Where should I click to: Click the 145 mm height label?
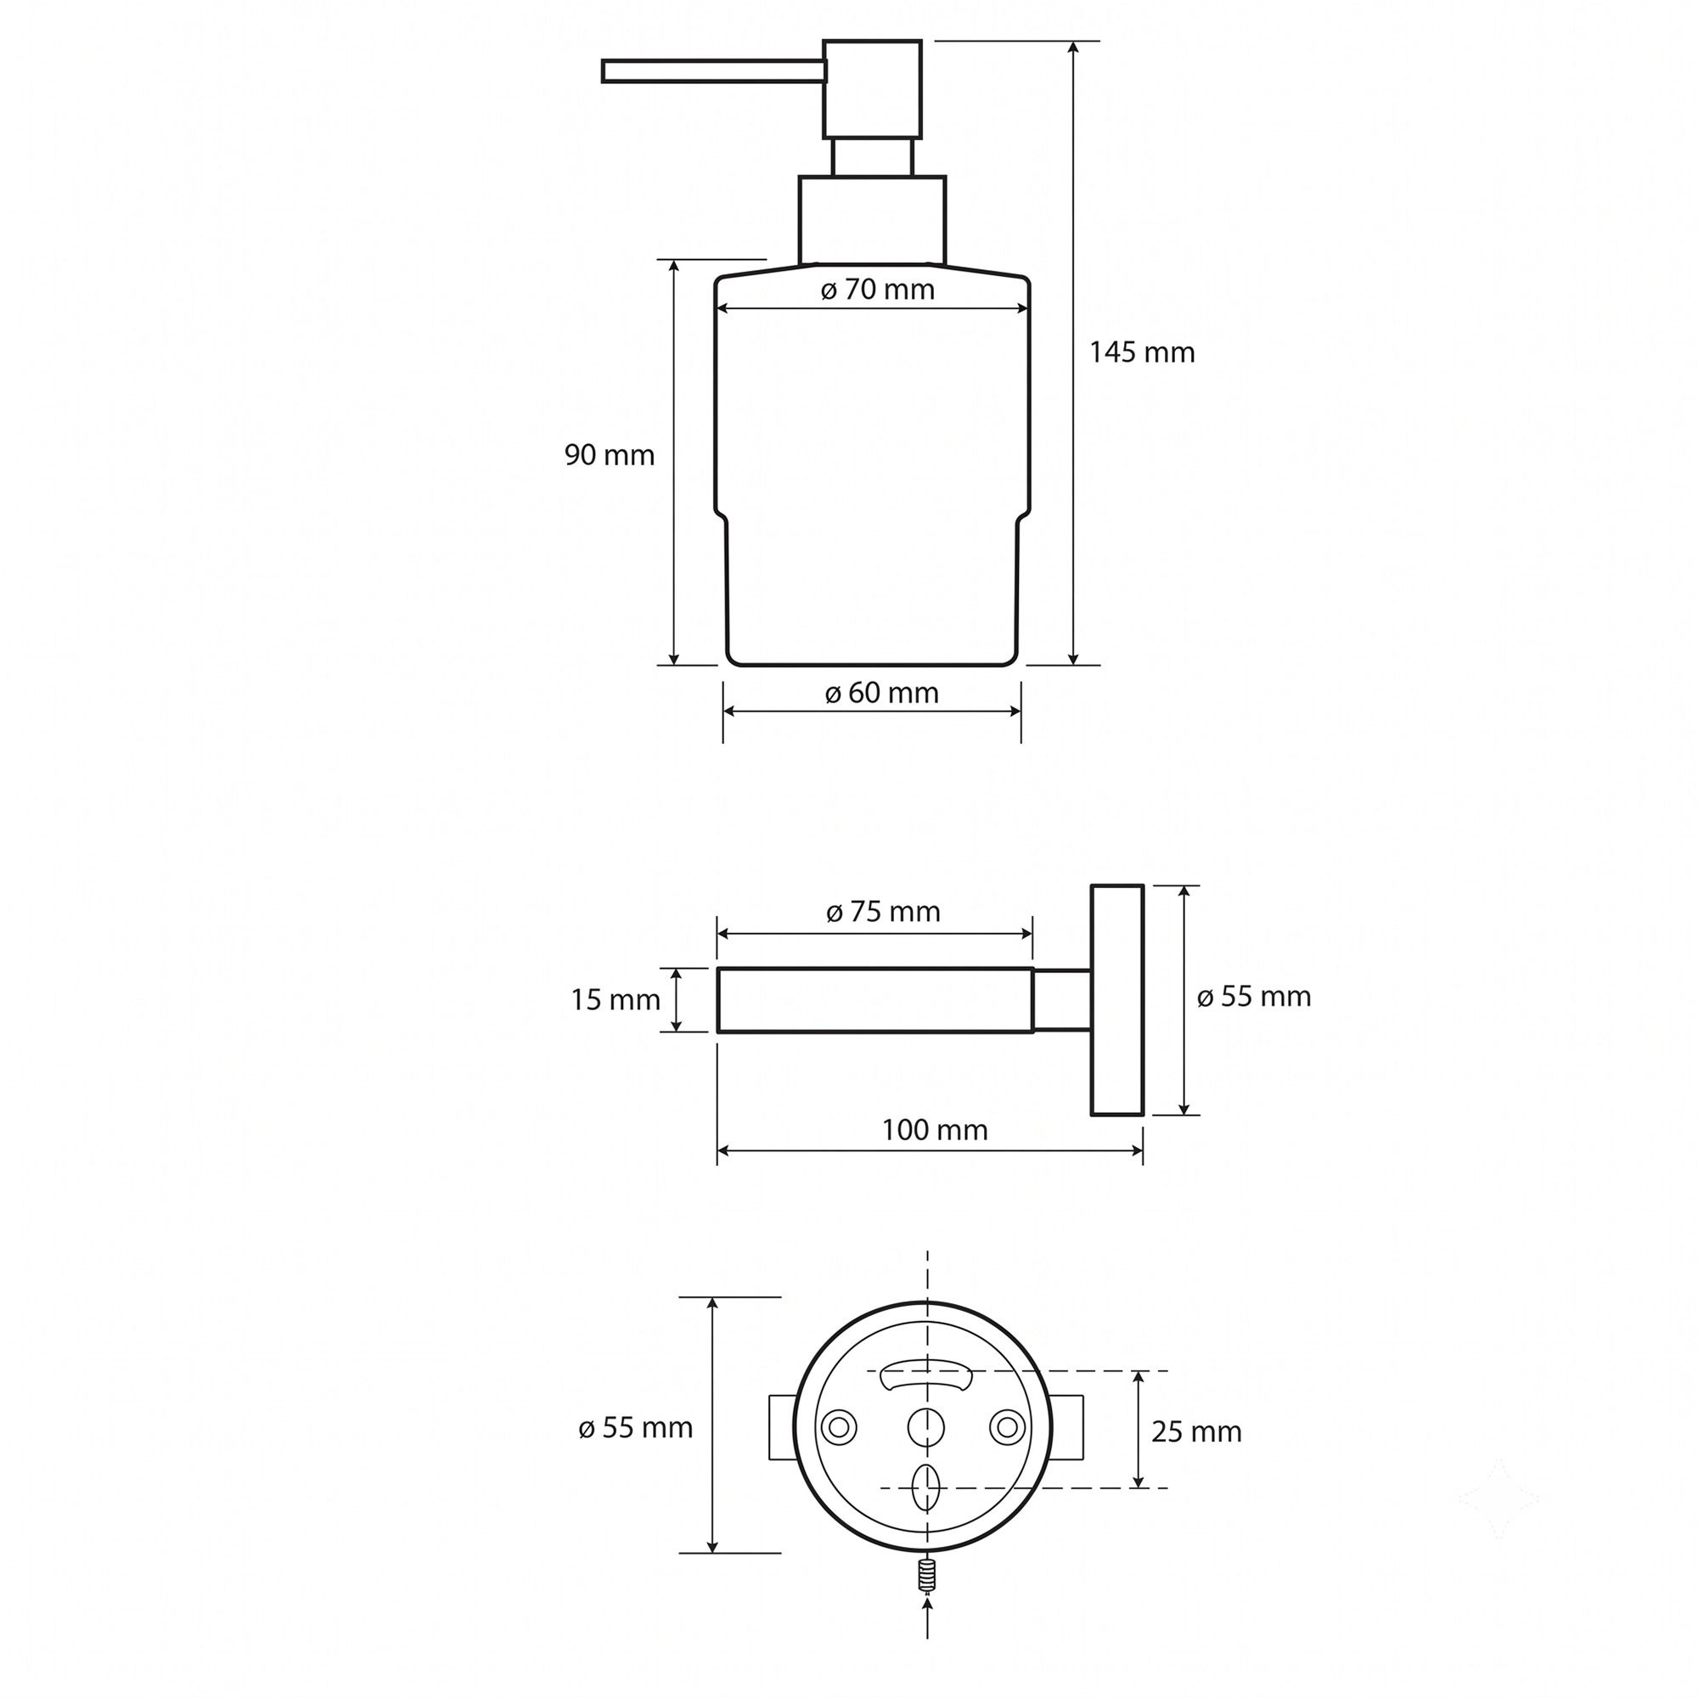(x=1142, y=352)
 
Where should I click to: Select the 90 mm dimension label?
(x=609, y=455)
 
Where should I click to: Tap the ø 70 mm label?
(x=877, y=290)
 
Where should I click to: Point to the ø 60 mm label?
(x=881, y=694)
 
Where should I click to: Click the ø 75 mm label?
(x=882, y=911)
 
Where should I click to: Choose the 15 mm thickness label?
(x=616, y=999)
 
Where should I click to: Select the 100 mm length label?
(x=934, y=1129)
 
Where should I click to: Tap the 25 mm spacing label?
(x=1196, y=1431)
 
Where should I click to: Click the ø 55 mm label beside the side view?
(x=1253, y=997)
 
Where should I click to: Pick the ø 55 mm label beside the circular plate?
(x=635, y=1428)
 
